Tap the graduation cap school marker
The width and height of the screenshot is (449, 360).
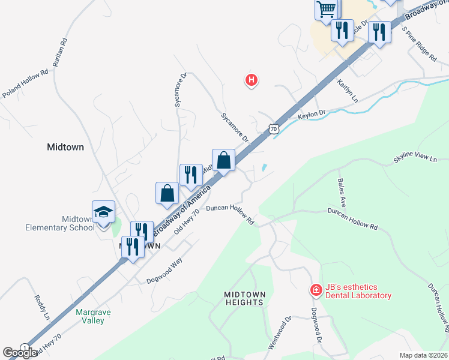coord(103,211)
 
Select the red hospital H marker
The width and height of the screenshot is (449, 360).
coord(252,79)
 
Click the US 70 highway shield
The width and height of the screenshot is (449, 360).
coord(274,128)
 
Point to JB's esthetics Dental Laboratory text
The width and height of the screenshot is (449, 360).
coord(358,291)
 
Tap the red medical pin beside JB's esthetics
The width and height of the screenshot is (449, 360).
coord(316,290)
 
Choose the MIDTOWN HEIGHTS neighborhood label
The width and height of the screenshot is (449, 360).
coord(244,298)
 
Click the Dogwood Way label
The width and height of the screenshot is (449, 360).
coord(164,271)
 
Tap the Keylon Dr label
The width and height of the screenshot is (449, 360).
coord(312,113)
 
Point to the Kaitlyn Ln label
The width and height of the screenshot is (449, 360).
coord(347,90)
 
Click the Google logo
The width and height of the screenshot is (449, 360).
coord(20,353)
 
